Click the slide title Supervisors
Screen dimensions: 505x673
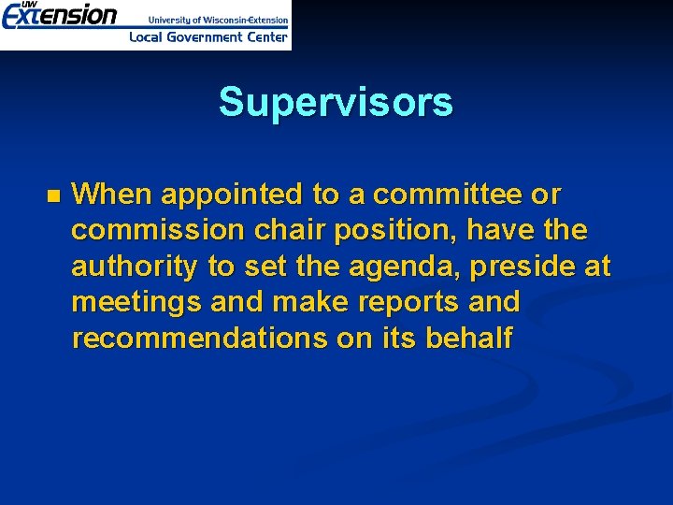336,103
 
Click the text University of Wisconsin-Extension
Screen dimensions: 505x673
218,19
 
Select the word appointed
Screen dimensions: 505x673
233,195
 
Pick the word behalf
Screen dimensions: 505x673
468,339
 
